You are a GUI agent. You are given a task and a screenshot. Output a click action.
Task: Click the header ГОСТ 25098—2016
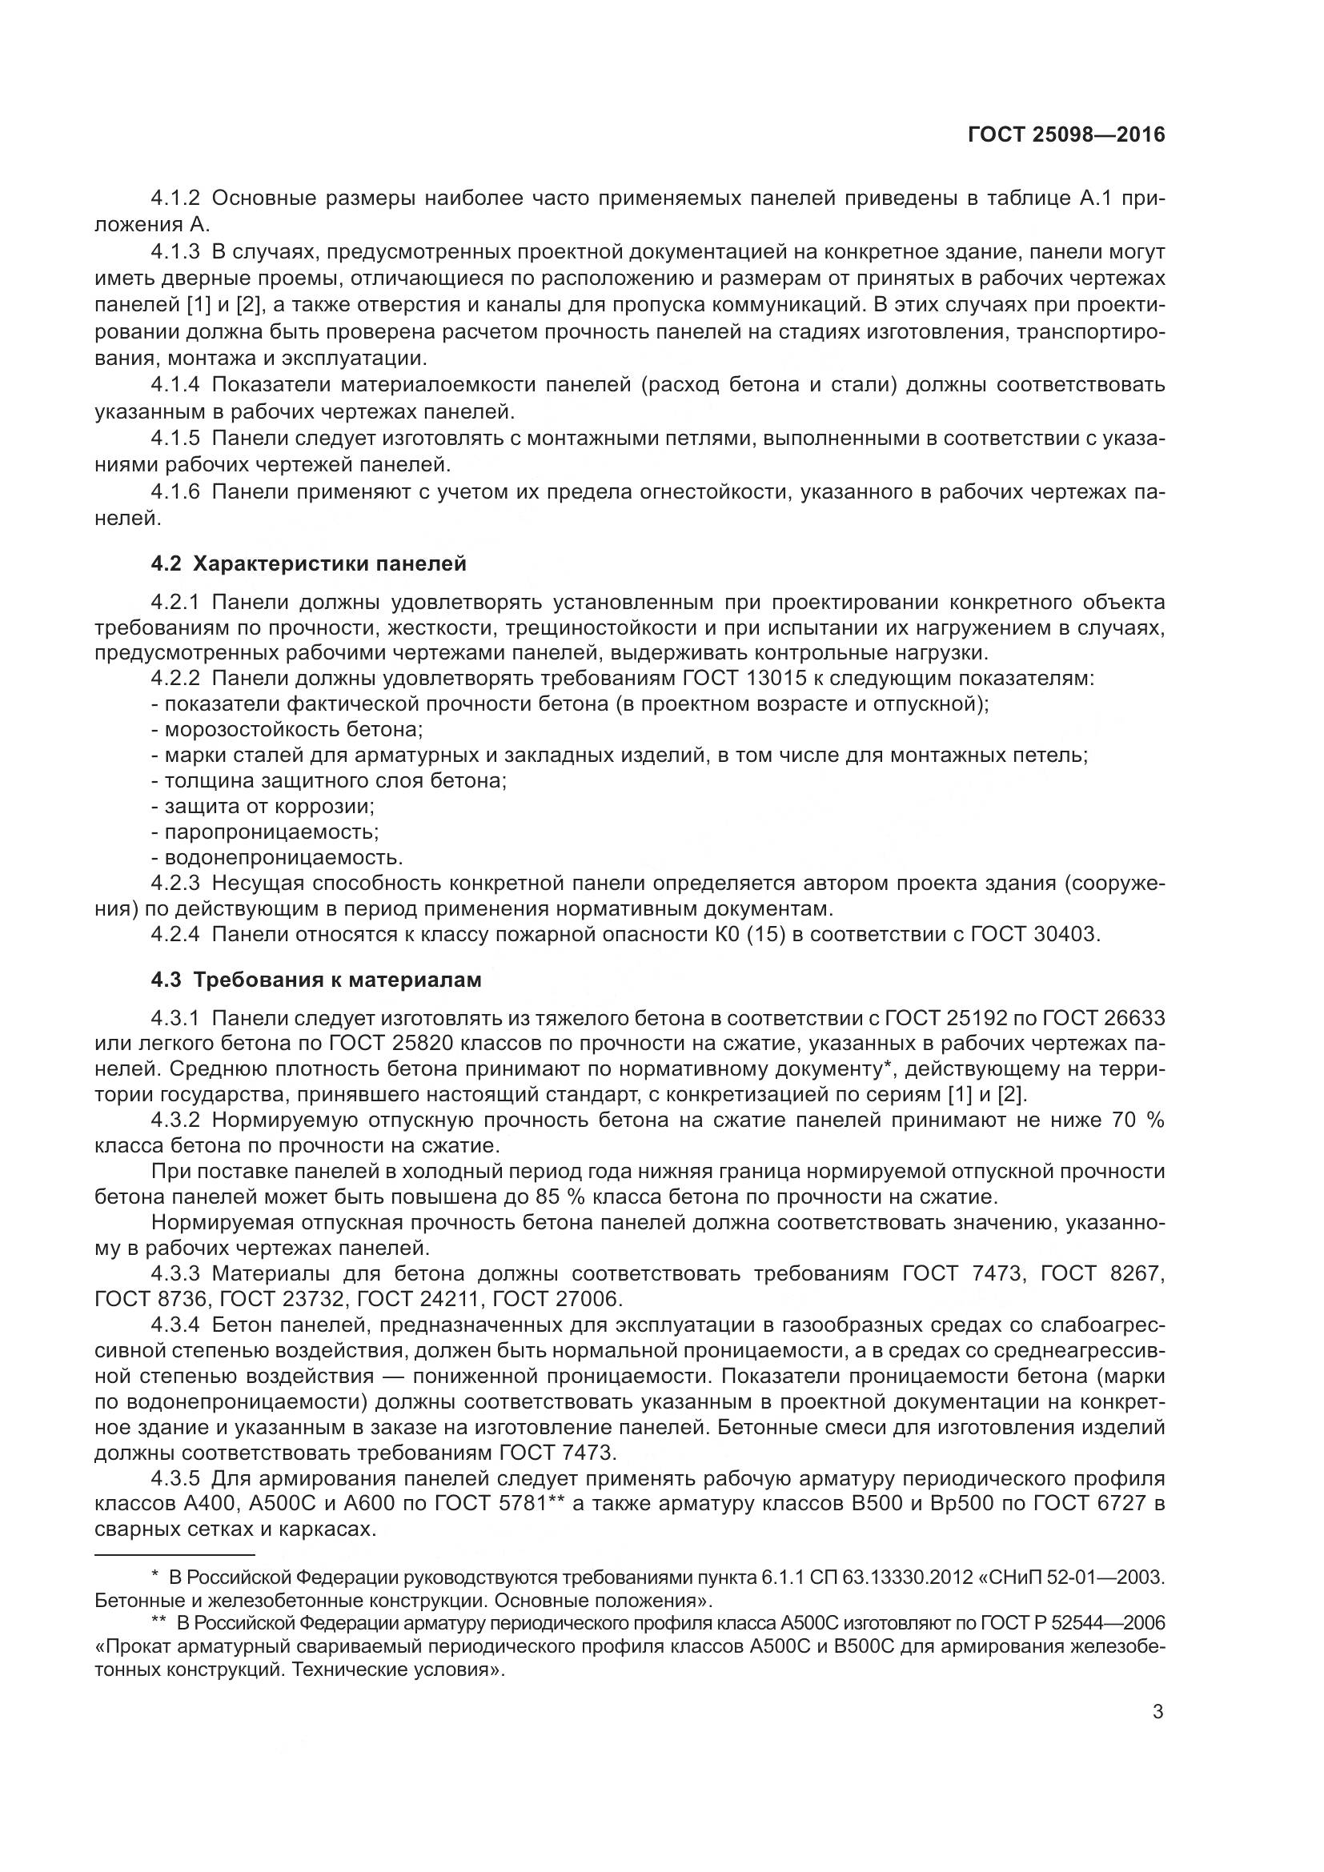(x=1066, y=135)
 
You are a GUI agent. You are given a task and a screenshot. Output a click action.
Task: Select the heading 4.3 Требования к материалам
(x=315, y=979)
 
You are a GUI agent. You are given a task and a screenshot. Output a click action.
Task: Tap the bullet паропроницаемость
(x=265, y=832)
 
